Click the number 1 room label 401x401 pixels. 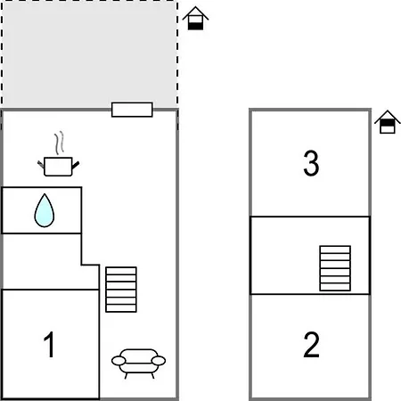point(49,344)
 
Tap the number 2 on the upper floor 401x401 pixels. point(311,344)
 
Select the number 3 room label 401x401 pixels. point(311,163)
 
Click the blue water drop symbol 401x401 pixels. point(45,211)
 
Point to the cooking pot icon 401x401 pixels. point(58,167)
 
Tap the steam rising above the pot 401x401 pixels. point(59,143)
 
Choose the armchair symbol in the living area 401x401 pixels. point(138,364)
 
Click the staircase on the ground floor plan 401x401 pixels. point(121,290)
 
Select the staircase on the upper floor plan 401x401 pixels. point(335,268)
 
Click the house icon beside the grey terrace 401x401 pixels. point(195,18)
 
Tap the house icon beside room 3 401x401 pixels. point(388,122)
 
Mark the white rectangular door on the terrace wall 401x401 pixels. point(132,110)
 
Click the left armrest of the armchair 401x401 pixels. point(119,361)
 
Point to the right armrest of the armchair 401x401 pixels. point(159,361)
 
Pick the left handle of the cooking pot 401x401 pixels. point(41,164)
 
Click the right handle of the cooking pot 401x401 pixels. point(76,165)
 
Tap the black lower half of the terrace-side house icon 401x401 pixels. point(195,26)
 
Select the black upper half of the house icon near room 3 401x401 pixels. point(388,123)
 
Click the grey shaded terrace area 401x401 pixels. point(89,54)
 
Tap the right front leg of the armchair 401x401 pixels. point(153,376)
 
